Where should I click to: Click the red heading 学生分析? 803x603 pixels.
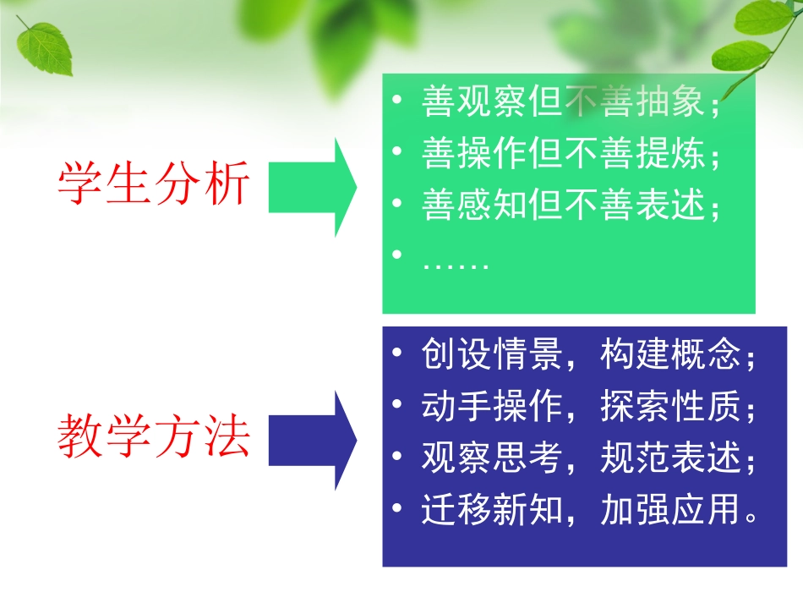tap(154, 184)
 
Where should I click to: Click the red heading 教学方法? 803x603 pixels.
tap(154, 437)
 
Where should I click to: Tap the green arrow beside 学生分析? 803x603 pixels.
tap(312, 187)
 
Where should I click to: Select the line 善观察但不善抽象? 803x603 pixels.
tap(571, 103)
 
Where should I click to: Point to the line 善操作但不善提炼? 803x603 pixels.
tap(571, 155)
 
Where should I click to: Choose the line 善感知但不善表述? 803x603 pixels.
tap(571, 206)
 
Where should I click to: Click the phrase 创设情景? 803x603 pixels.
tap(491, 355)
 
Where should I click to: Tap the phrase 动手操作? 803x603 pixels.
tap(491, 407)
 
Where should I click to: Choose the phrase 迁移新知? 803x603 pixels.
tap(491, 510)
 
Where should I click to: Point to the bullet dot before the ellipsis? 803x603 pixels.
tap(397, 255)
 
